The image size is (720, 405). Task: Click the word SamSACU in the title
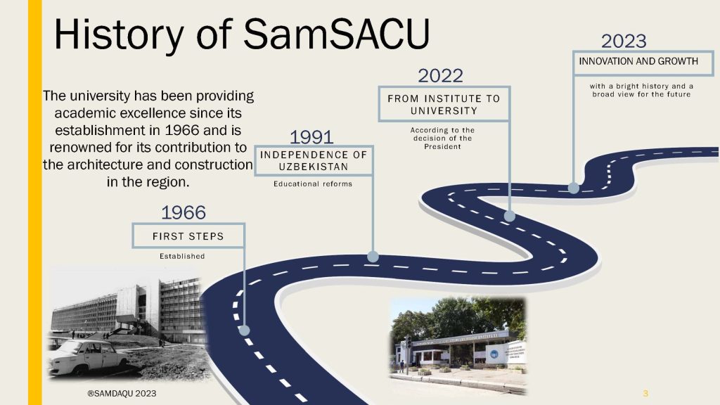[x=337, y=34]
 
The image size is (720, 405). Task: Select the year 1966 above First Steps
[x=184, y=212]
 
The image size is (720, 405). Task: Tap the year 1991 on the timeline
[x=311, y=137]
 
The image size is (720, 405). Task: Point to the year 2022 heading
[x=440, y=76]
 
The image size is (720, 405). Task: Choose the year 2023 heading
[x=624, y=41]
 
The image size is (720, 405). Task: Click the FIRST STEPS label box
[x=188, y=236]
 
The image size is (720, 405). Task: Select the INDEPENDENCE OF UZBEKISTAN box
[x=314, y=161]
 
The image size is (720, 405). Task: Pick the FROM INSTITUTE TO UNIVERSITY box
[x=444, y=104]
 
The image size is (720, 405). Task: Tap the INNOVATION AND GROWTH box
[x=643, y=63]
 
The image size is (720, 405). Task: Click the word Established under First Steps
[x=182, y=256]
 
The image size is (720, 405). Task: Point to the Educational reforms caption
[x=313, y=184]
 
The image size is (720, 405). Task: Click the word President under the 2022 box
[x=442, y=146]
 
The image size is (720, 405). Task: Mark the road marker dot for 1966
[x=244, y=330]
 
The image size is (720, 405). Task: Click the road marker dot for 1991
[x=373, y=257]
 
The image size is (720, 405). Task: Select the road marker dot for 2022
[x=509, y=216]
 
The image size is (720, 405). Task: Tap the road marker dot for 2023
[x=574, y=187]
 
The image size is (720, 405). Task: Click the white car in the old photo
[x=87, y=356]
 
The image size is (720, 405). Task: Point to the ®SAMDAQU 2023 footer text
[x=122, y=394]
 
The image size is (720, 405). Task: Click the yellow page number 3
[x=645, y=394]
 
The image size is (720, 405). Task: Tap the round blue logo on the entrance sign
[x=494, y=354]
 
